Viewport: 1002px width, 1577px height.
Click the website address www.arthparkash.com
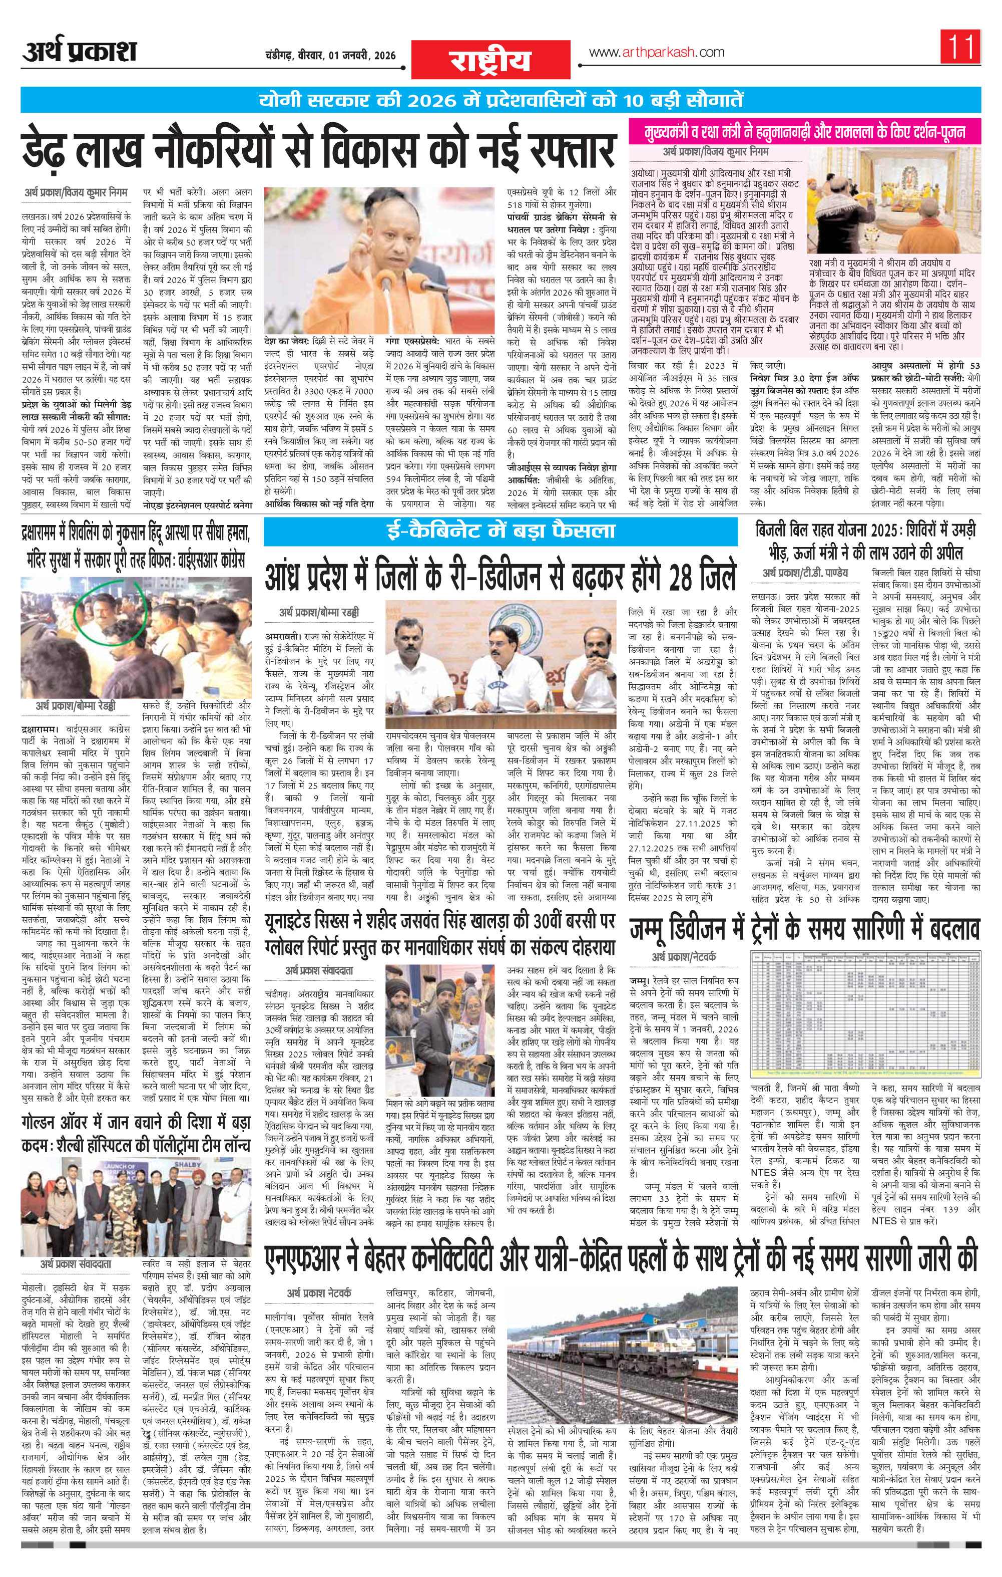point(657,53)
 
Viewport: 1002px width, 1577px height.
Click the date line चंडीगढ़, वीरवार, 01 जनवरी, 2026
point(323,56)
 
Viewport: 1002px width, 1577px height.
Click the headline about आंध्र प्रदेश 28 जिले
point(500,576)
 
